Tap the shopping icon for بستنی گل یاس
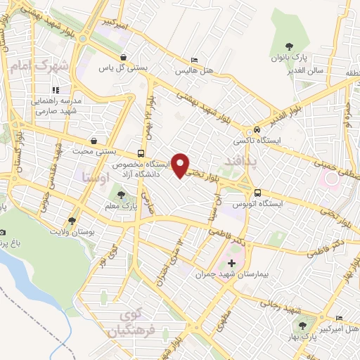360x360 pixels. pyautogui.click(x=124, y=58)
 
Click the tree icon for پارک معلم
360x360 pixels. pyautogui.click(x=123, y=195)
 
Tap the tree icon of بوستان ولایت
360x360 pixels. pyautogui.click(x=72, y=221)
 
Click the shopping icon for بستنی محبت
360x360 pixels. pyautogui.click(x=94, y=141)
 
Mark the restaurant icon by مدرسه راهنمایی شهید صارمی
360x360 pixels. pyautogui.click(x=56, y=90)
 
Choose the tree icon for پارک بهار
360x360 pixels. pyautogui.click(x=302, y=325)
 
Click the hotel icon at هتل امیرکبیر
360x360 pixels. pyautogui.click(x=340, y=317)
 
